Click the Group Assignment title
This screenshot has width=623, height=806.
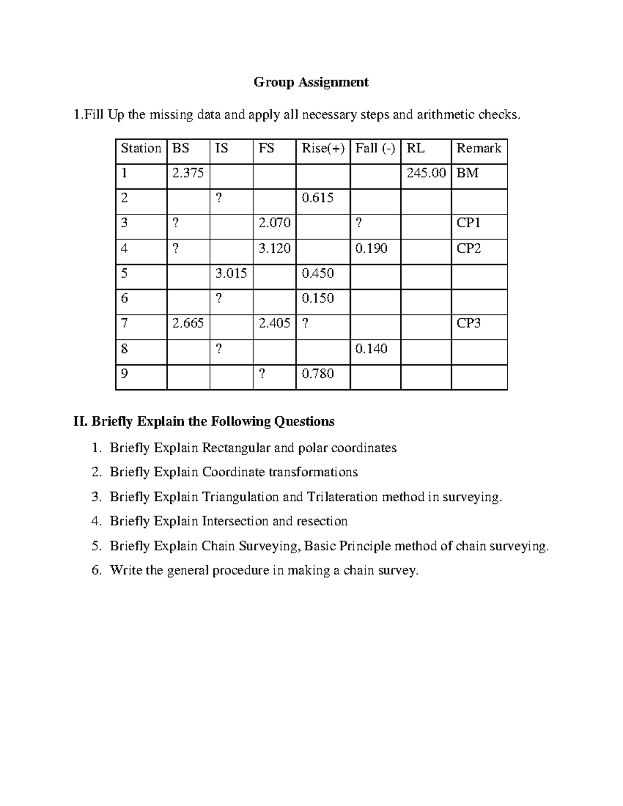point(311,82)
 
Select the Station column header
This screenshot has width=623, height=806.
point(141,148)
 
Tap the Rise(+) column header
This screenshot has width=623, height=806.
point(322,148)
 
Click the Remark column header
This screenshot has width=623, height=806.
point(478,148)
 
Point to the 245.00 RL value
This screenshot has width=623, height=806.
point(426,173)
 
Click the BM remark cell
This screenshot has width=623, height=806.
point(467,173)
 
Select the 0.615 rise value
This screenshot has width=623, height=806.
point(317,198)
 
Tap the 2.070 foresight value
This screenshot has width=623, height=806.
point(274,223)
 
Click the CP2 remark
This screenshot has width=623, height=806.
point(468,249)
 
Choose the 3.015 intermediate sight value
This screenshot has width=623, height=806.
point(231,274)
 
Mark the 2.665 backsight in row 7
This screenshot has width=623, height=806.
point(188,323)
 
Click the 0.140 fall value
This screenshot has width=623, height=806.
point(371,348)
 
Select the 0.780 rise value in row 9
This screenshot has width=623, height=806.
point(317,374)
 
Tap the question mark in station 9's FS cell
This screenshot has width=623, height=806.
point(262,374)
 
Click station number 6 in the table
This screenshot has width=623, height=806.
point(124,298)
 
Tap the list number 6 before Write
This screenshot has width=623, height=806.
point(95,571)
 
